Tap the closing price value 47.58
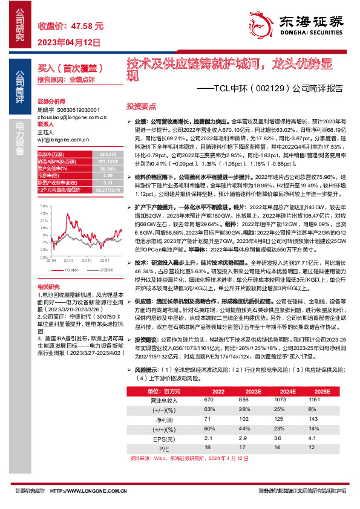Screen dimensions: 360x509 tap(88, 27)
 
